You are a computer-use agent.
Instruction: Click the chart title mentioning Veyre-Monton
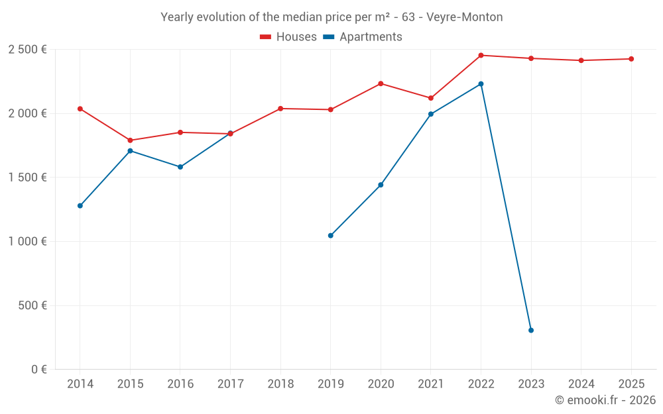[x=331, y=17]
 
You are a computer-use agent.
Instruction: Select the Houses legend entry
[x=288, y=37]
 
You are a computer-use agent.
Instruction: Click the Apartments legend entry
[x=363, y=37]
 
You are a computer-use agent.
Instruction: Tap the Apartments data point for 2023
[x=531, y=330]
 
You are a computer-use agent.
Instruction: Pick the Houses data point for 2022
[x=481, y=56]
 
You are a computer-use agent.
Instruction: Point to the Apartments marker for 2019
[x=330, y=235]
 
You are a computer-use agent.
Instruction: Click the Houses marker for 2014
[x=80, y=109]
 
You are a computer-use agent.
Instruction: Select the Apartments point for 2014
[x=80, y=205]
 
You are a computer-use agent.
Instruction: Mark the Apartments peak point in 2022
[x=481, y=84]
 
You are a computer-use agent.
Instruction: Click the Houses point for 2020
[x=381, y=83]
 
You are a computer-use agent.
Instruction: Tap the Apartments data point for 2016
[x=180, y=167]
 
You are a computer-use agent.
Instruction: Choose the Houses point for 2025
[x=631, y=59]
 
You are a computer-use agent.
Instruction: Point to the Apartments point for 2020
[x=381, y=185]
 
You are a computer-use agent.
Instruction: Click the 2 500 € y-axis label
[x=27, y=50]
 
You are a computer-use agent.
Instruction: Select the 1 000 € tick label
[x=27, y=242]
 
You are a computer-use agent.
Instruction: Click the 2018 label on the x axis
[x=280, y=384]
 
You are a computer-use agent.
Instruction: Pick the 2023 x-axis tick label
[x=531, y=384]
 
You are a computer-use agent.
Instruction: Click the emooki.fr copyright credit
[x=605, y=400]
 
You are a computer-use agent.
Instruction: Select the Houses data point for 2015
[x=130, y=140]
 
